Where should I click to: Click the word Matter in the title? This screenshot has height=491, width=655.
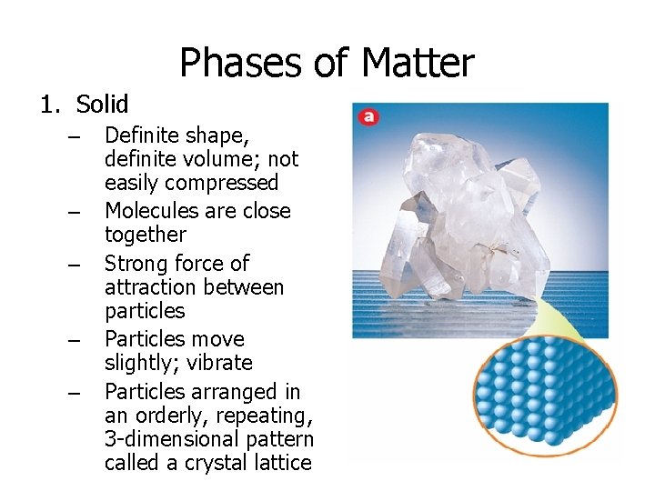[x=418, y=64]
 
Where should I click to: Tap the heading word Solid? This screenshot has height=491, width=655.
[x=103, y=105]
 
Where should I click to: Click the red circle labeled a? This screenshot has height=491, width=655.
[x=368, y=116]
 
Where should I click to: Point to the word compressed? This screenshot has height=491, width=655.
[x=224, y=183]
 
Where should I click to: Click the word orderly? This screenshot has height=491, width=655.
[x=163, y=416]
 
